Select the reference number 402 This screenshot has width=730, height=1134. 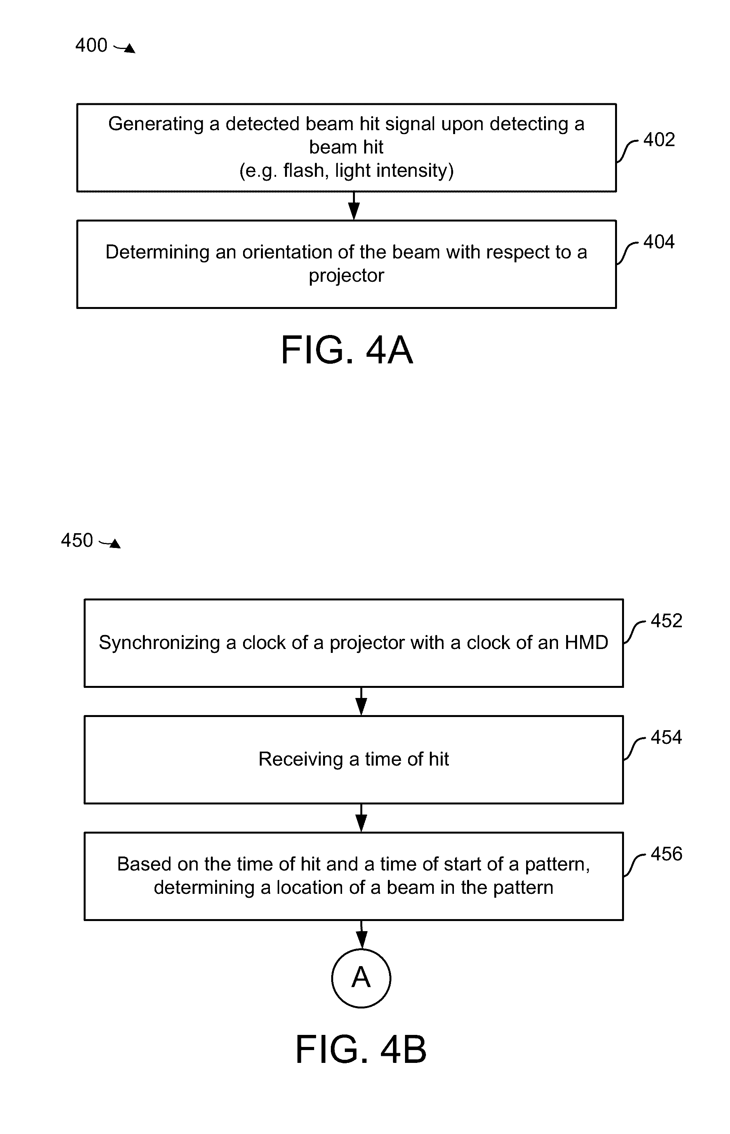coord(659,140)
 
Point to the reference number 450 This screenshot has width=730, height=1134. coord(77,541)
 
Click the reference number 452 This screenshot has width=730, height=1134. coord(666,621)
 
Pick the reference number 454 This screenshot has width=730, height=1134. coord(666,738)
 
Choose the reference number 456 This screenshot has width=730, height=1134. coord(666,854)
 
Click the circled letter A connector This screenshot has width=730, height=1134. coord(361,978)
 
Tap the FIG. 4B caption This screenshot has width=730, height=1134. coord(361,1050)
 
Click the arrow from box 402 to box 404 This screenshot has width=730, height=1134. coord(354,206)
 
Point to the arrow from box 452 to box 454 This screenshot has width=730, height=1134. coord(361,701)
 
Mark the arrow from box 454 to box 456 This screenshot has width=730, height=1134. coord(361,818)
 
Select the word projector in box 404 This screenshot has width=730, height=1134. coord(346,276)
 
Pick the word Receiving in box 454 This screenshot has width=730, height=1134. coord(301,759)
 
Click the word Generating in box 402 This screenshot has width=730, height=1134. coord(156,124)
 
